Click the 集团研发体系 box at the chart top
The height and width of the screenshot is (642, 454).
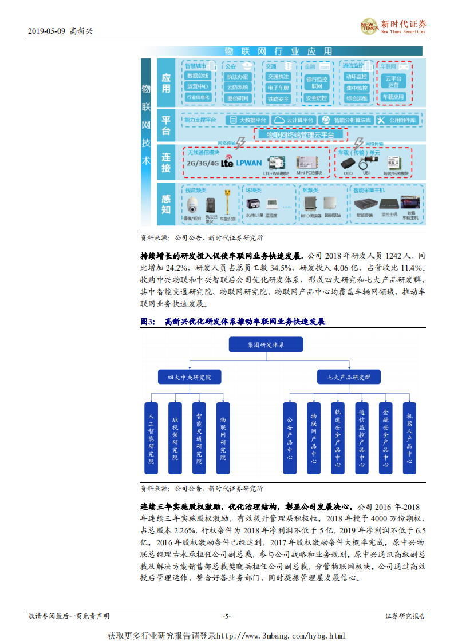tap(266, 345)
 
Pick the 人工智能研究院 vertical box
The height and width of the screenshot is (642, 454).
tap(151, 438)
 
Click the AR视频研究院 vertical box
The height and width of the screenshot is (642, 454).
tap(175, 438)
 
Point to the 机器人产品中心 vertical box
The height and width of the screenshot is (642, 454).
tap(409, 438)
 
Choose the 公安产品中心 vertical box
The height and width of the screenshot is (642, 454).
tap(290, 438)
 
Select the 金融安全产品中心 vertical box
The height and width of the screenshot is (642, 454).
tap(385, 438)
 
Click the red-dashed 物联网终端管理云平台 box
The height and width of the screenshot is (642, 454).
tap(300, 135)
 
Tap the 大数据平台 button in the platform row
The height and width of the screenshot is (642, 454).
tap(248, 121)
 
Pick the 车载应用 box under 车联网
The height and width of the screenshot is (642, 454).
tap(393, 97)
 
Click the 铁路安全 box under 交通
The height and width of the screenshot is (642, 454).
tap(278, 98)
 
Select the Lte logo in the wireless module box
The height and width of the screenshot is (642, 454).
tap(227, 162)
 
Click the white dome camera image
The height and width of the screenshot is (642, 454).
tap(192, 205)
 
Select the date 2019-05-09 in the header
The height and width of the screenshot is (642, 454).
tap(46, 31)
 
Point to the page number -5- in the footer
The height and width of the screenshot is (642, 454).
tap(227, 616)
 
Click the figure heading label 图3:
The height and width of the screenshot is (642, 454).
tap(148, 322)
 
